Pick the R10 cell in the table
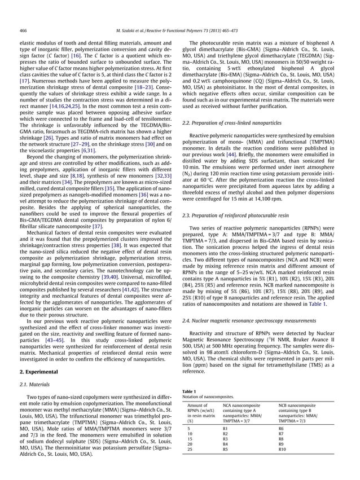[283, 449]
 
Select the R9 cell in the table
[282, 444]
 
